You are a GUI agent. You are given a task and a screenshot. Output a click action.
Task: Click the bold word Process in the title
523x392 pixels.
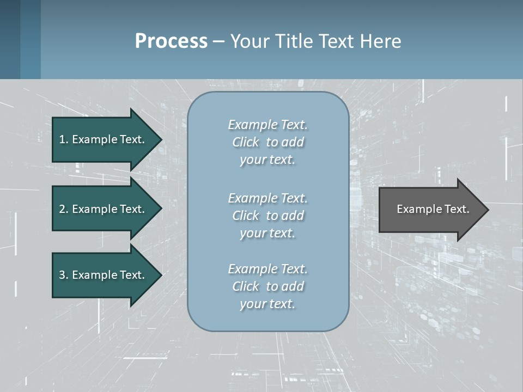[171, 41]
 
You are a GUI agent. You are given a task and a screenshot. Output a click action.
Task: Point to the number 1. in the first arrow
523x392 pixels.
[64, 139]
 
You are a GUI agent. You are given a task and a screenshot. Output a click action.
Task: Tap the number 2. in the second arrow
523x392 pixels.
[64, 209]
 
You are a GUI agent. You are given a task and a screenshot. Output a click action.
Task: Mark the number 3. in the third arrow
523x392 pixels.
[64, 275]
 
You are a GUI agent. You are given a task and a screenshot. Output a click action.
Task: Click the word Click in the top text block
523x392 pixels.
[246, 142]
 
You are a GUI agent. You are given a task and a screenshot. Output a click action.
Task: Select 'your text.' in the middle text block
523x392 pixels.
[267, 233]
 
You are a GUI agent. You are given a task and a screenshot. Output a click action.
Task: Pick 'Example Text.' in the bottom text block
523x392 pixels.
[267, 269]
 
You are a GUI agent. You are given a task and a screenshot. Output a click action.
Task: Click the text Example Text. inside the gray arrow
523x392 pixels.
[433, 209]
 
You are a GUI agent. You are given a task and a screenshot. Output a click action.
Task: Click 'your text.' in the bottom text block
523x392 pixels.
[267, 304]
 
